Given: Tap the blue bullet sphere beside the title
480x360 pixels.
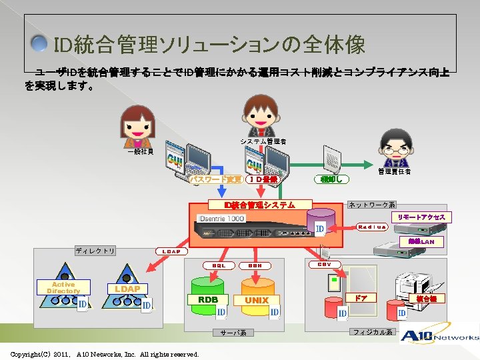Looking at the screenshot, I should [41, 45].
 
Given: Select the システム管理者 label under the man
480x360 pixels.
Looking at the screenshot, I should [263, 141].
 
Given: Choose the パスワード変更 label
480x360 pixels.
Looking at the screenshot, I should [215, 179].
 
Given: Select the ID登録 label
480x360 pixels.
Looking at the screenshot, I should [265, 179].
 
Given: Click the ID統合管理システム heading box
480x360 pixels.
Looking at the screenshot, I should [251, 205].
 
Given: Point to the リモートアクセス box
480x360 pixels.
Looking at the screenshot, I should [421, 217].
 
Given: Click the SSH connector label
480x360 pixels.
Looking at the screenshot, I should [254, 265].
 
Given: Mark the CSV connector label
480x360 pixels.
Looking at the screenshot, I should [325, 265].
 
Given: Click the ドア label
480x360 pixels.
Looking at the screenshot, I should [360, 298].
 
